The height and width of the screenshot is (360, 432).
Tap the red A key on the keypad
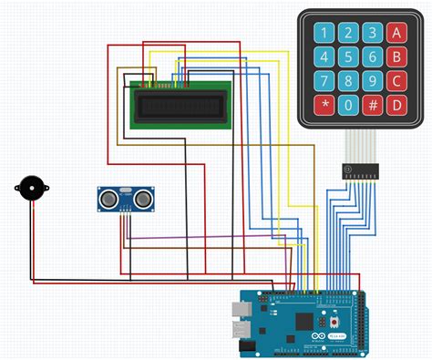click(396, 35)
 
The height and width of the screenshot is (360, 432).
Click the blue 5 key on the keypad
click(347, 58)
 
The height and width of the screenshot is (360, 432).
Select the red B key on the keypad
click(396, 58)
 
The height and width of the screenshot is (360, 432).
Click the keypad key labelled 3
click(372, 35)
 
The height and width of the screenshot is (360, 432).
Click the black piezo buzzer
click(32, 188)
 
